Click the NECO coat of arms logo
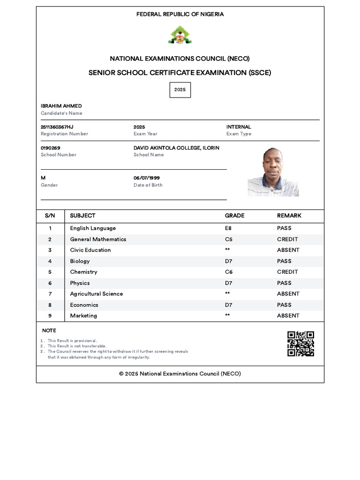[x=180, y=35]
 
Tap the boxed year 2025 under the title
[x=180, y=90]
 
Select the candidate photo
[x=273, y=172]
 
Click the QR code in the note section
[x=300, y=344]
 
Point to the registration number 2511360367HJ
[x=57, y=127]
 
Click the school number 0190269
[x=51, y=148]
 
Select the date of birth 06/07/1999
[x=147, y=178]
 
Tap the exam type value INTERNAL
[x=239, y=127]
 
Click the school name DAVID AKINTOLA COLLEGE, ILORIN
[x=176, y=148]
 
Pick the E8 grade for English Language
[x=228, y=228]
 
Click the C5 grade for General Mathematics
[x=228, y=239]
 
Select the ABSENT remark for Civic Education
[x=288, y=250]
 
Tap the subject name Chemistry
[x=84, y=272]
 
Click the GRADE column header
[x=234, y=216]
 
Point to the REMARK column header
[x=289, y=216]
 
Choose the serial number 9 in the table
[x=50, y=316]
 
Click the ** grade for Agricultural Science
[x=227, y=294]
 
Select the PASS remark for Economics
[x=284, y=305]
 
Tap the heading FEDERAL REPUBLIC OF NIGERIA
[x=180, y=15]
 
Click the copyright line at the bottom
[x=180, y=374]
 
